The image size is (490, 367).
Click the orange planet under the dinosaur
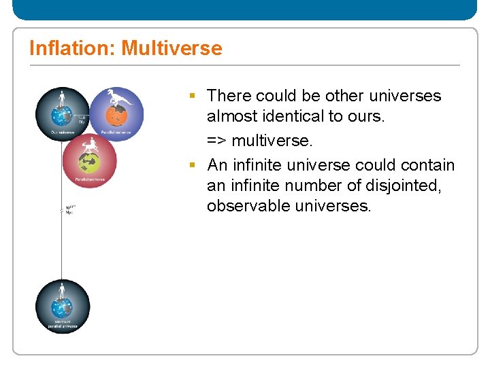(x=117, y=117)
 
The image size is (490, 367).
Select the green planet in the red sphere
(x=89, y=164)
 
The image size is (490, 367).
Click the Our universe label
(x=62, y=132)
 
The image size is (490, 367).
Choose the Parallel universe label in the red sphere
(x=89, y=179)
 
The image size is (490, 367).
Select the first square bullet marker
(x=193, y=97)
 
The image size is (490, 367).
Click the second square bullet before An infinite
(x=193, y=166)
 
